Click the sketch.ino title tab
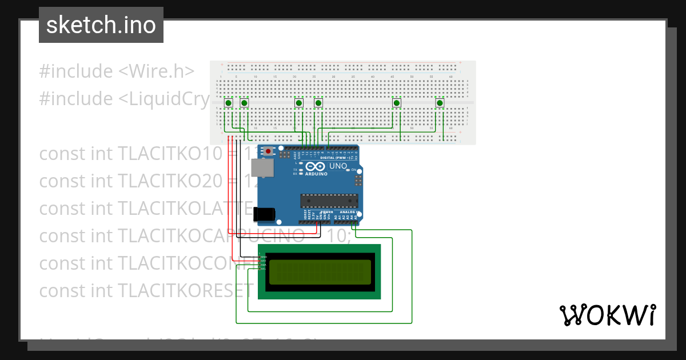click(x=101, y=25)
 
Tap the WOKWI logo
click(x=607, y=315)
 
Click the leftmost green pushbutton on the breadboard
click(x=228, y=103)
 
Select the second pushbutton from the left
click(x=244, y=103)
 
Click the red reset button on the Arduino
click(x=268, y=153)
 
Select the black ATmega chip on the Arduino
click(x=329, y=201)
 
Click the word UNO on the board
click(x=338, y=166)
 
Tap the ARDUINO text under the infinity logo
click(x=316, y=174)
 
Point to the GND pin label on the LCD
click(x=264, y=257)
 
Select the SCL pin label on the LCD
click(x=263, y=269)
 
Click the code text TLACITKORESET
click(x=186, y=291)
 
